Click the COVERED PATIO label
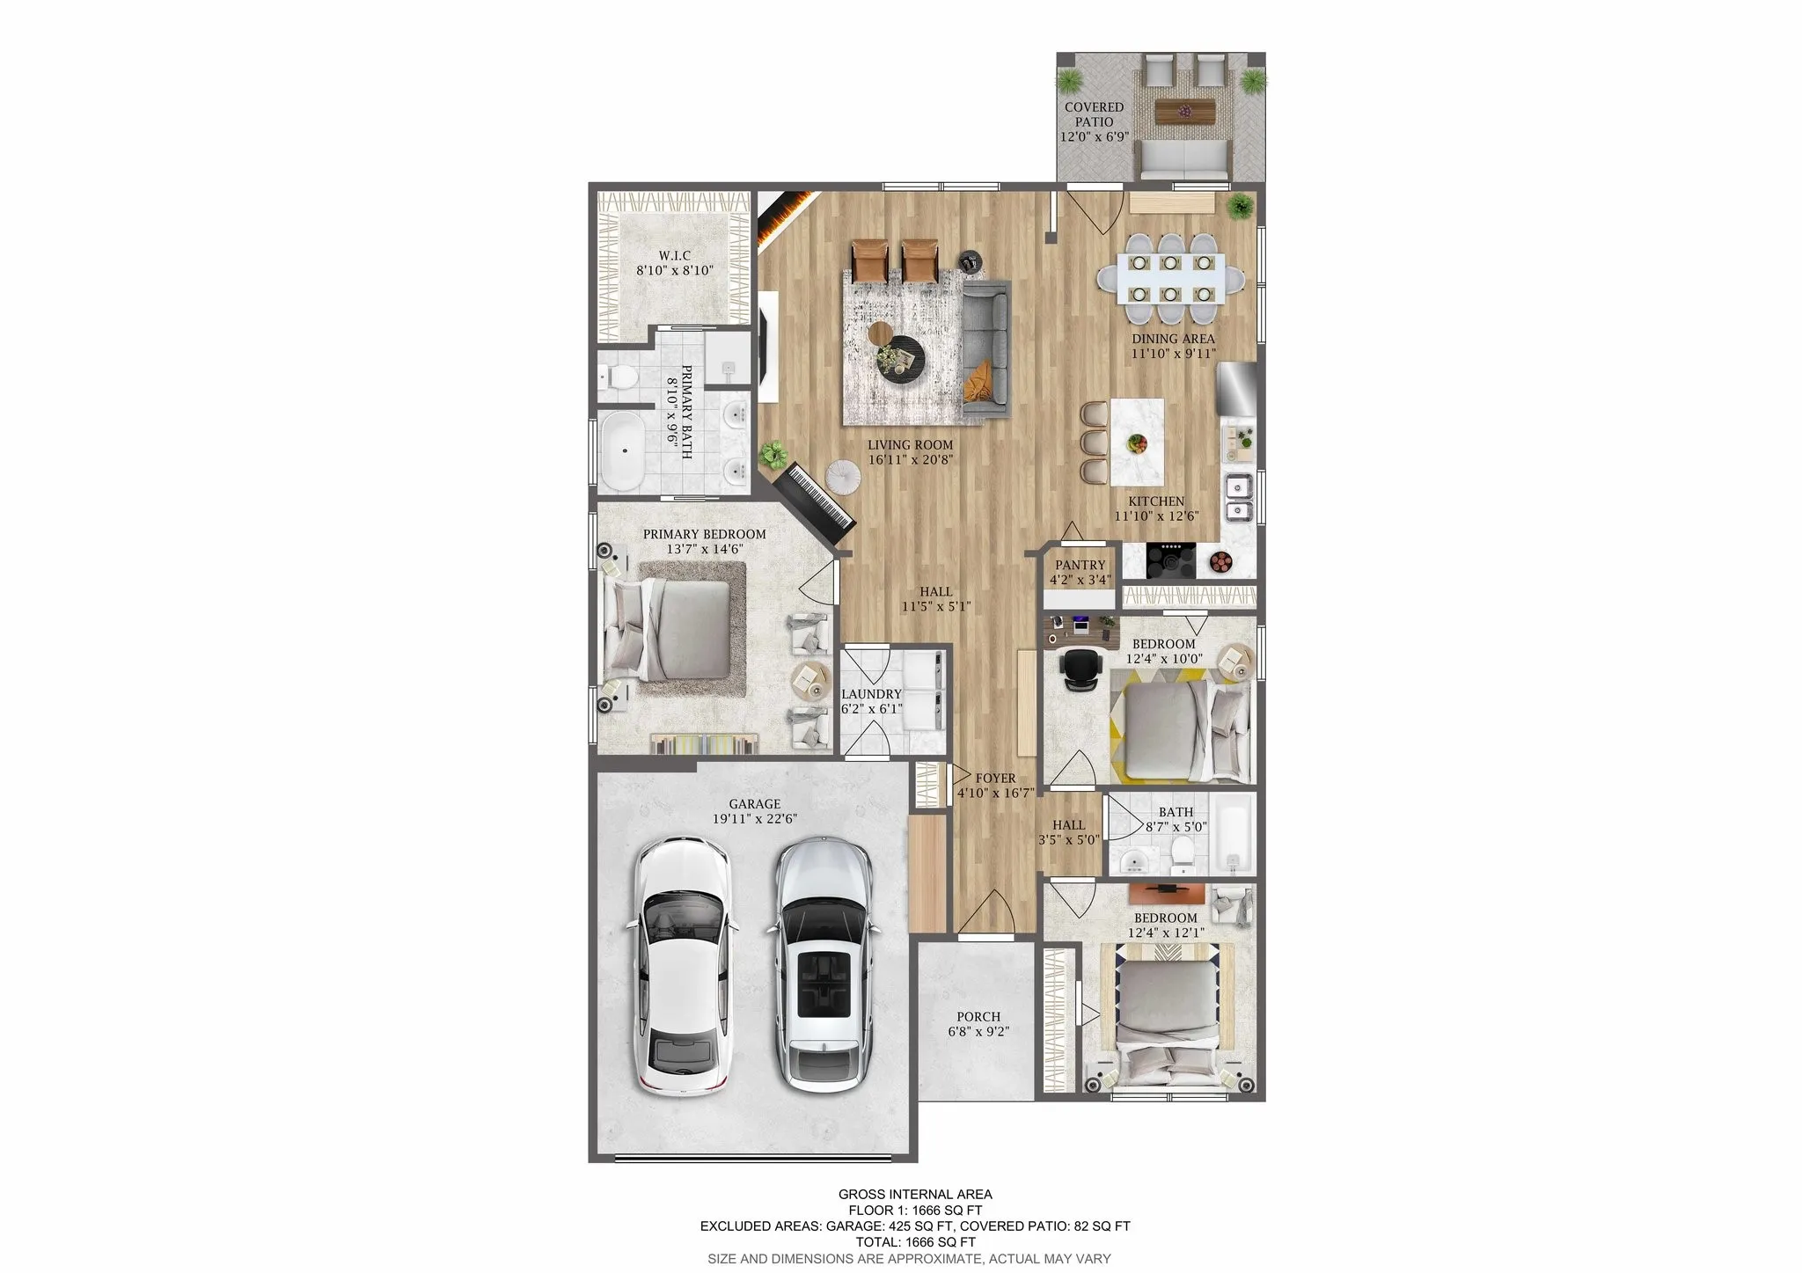(1094, 114)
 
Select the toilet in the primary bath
(620, 377)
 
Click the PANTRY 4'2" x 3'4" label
(1080, 572)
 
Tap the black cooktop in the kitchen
(1171, 559)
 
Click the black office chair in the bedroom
(1080, 669)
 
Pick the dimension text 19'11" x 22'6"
(754, 818)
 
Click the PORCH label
(978, 1016)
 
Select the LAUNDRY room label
(870, 693)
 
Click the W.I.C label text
(674, 255)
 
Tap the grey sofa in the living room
(987, 346)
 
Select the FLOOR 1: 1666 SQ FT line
(914, 1210)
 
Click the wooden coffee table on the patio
(1184, 111)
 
